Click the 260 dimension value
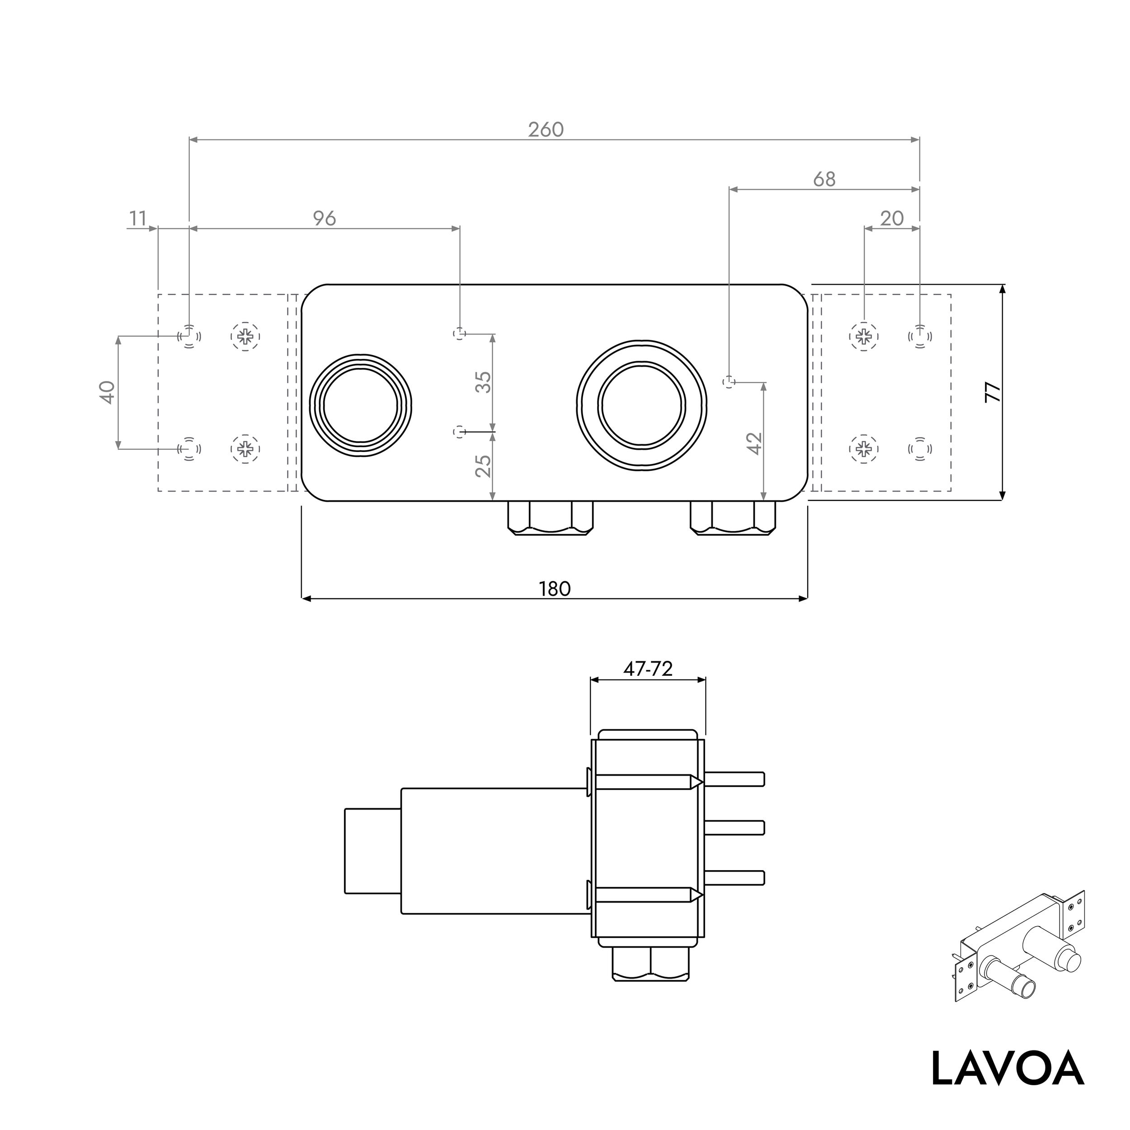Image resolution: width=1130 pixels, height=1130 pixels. (545, 129)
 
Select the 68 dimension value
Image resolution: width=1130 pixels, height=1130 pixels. (824, 179)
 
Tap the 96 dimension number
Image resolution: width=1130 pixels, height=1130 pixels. (324, 218)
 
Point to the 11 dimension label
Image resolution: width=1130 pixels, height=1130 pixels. (137, 218)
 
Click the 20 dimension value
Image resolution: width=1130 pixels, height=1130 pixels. (891, 218)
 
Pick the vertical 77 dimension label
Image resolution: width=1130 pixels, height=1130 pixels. (993, 392)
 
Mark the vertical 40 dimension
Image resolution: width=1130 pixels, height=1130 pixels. (107, 392)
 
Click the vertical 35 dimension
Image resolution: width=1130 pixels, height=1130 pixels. (483, 382)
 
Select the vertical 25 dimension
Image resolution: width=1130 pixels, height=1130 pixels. (483, 466)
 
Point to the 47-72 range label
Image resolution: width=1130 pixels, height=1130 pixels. (647, 669)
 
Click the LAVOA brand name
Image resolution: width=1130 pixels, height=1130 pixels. (1007, 1069)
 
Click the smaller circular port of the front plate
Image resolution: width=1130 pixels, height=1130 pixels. (361, 405)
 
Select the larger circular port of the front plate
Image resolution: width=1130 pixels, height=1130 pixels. (642, 405)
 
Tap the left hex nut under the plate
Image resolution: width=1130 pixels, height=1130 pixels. (550, 518)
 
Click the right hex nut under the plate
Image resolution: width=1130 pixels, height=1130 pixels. (732, 518)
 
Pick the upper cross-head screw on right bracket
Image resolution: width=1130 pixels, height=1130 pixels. (863, 336)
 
